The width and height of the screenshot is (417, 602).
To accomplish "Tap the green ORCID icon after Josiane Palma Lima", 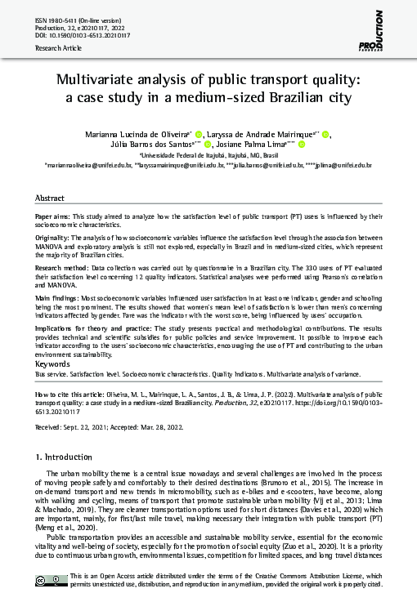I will (302, 145).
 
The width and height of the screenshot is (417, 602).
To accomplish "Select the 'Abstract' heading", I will (50, 198).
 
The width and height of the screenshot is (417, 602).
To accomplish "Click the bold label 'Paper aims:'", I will (53, 216).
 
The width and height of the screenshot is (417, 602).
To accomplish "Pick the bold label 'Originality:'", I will (52, 236).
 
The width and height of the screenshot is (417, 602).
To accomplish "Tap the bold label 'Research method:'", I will (62, 265).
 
